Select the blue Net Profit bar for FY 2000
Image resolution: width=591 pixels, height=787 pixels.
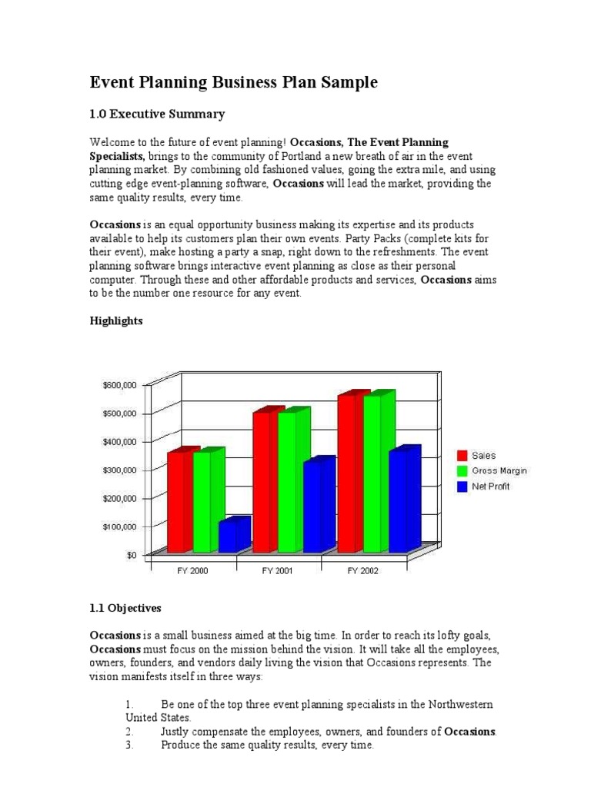[230, 536]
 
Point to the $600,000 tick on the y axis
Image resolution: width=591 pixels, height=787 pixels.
[119, 385]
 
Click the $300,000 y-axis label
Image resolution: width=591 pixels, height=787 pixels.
[119, 470]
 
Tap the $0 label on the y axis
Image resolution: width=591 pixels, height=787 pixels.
[132, 554]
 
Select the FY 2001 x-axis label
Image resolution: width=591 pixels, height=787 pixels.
[278, 571]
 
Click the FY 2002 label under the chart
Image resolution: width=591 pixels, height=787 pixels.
[363, 571]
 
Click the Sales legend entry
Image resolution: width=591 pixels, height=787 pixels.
[484, 456]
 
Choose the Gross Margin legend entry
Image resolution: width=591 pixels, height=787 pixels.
[499, 470]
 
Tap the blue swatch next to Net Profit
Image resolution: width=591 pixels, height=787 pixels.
[462, 486]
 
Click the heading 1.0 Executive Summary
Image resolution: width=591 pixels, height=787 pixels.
[158, 115]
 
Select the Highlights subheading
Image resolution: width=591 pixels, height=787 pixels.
[116, 321]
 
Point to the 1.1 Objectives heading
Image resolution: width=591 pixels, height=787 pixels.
[125, 607]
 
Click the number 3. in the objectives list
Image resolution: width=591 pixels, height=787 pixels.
[129, 745]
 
